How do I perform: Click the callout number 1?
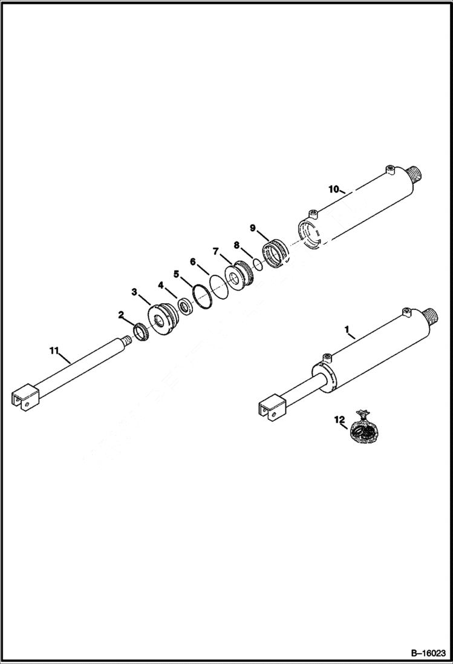(x=347, y=330)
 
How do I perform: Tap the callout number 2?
(x=122, y=315)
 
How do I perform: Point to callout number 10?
(x=333, y=189)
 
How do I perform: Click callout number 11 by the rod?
(x=54, y=350)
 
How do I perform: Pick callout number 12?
(x=339, y=419)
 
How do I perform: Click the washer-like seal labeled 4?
(x=185, y=304)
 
